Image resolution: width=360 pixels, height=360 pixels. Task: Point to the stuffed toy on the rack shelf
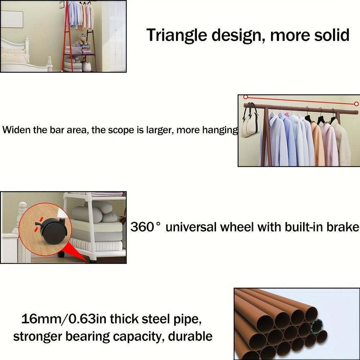(82, 40)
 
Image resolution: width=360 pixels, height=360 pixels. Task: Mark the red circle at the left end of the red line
(246, 97)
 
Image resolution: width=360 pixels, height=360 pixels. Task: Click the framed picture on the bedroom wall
(12, 19)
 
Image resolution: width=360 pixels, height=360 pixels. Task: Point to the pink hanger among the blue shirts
(287, 114)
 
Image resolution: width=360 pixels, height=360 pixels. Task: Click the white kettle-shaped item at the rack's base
(86, 66)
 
